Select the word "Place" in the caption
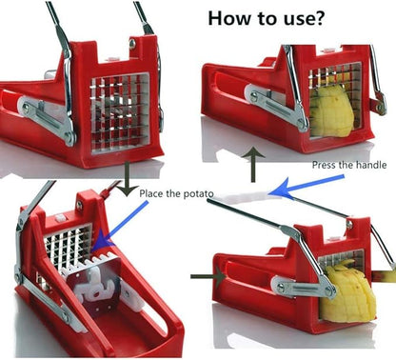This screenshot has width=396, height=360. point(150,193)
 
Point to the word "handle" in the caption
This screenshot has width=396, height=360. point(371,165)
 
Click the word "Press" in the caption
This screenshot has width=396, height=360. point(323,165)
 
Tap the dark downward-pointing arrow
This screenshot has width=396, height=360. point(127,179)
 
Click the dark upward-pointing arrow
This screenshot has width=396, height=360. point(253,165)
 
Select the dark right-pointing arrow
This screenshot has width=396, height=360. point(208,276)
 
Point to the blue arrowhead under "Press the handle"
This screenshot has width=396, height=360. point(282,189)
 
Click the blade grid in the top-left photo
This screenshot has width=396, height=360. point(120,112)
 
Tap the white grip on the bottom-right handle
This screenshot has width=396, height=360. point(245,196)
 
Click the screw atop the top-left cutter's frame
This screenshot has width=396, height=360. point(132,44)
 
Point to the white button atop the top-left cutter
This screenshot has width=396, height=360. point(113,58)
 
